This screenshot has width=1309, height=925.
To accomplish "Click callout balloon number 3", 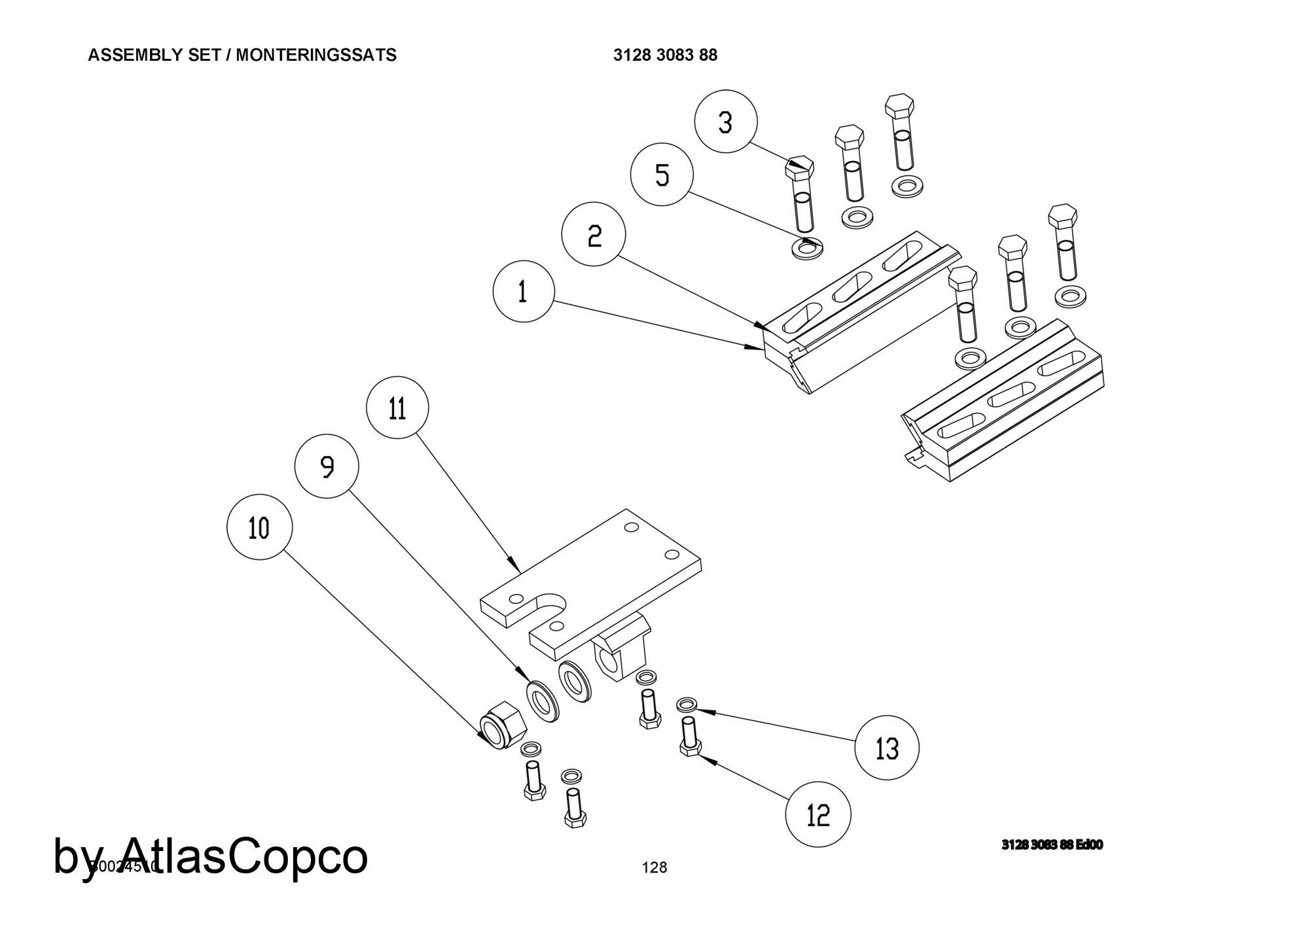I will coord(725,122).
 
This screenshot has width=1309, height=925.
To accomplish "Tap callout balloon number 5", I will coord(662,175).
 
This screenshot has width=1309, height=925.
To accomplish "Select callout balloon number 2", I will coord(594,234).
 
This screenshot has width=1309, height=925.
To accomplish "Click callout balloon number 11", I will coord(397,408).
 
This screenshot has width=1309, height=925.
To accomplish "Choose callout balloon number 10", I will coord(259,527).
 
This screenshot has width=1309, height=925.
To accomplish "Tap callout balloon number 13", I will coord(887,748).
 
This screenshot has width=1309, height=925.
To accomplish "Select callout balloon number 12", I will coord(818,814).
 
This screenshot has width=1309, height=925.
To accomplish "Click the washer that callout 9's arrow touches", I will coord(543,701).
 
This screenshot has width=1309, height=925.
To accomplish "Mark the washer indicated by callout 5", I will coord(807,249).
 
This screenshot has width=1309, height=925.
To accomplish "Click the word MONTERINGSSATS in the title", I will coord(316,55).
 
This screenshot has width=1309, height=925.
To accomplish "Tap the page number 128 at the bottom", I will coord(654,867).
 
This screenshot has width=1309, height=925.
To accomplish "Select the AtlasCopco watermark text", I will coord(211,856).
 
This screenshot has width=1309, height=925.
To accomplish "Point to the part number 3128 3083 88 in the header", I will coord(665,55).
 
